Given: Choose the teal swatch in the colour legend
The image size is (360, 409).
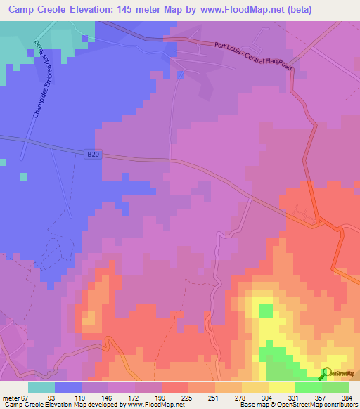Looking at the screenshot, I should [41, 387].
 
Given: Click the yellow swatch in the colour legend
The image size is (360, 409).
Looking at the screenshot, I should [281, 387].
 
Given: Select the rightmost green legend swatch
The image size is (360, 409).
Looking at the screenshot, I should [335, 387].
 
